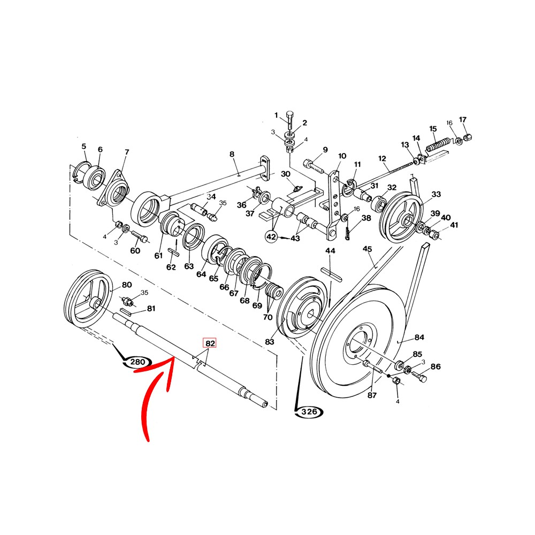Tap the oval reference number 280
[137, 363]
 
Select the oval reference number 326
[309, 412]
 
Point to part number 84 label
[419, 337]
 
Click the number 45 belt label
[367, 249]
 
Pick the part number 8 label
[232, 155]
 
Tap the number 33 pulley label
[436, 194]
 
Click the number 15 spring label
[433, 128]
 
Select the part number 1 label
[277, 116]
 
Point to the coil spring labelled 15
[438, 143]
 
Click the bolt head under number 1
[289, 114]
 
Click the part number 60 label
[135, 251]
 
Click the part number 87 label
[372, 395]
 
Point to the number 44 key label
[330, 251]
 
